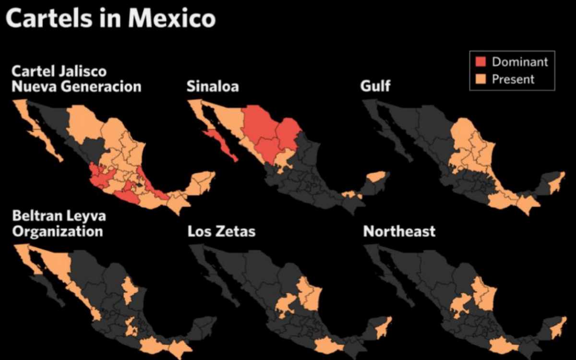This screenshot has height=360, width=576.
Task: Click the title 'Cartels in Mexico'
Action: point(111,19)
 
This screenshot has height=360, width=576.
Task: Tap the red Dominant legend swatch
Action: point(481,62)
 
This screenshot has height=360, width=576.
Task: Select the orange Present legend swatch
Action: point(481,79)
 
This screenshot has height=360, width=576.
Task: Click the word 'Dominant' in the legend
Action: point(520,62)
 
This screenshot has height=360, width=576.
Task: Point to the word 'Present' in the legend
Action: point(513,79)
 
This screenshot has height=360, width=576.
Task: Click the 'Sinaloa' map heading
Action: point(213,86)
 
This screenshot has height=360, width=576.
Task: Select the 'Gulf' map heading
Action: point(375,86)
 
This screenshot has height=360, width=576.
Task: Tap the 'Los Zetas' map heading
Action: point(221,232)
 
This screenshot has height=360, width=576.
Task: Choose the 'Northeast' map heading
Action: point(399,232)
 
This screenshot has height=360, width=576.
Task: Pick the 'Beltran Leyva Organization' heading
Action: point(59,224)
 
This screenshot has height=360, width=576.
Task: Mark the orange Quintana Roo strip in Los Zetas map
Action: point(384,327)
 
